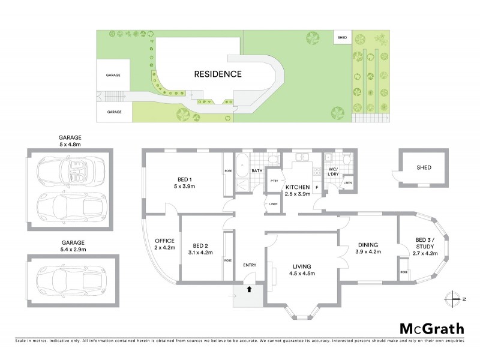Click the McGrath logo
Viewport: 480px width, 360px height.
click(x=432, y=328)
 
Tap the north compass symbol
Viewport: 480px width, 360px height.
click(x=454, y=298)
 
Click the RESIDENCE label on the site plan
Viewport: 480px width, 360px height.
click(x=217, y=74)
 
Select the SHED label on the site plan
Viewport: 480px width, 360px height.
click(x=342, y=37)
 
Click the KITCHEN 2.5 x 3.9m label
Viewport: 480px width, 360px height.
click(x=298, y=190)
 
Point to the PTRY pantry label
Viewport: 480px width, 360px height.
click(x=274, y=180)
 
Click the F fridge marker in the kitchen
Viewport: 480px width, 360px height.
click(x=317, y=187)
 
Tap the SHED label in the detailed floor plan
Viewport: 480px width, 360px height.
click(x=424, y=169)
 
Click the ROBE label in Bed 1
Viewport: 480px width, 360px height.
click(x=228, y=170)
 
